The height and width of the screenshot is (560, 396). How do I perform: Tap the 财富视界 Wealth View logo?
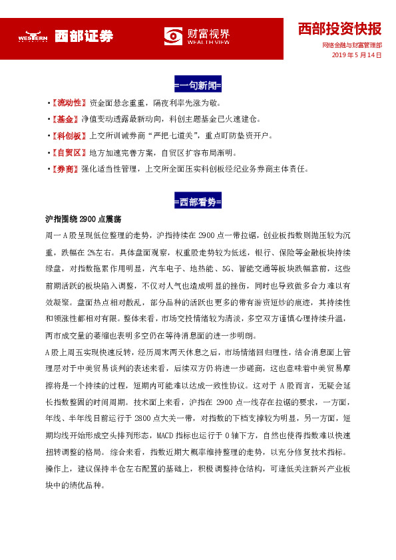(197, 37)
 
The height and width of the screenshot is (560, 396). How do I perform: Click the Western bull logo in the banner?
(33, 37)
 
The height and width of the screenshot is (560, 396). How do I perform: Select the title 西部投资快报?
(339, 29)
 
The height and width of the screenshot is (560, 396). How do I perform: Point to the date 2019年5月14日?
(357, 56)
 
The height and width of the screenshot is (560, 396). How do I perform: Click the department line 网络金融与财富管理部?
(351, 46)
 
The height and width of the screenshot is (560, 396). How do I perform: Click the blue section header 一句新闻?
(198, 86)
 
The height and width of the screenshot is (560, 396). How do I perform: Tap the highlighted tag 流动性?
(71, 103)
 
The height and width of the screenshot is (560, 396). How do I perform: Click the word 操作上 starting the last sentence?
(57, 468)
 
